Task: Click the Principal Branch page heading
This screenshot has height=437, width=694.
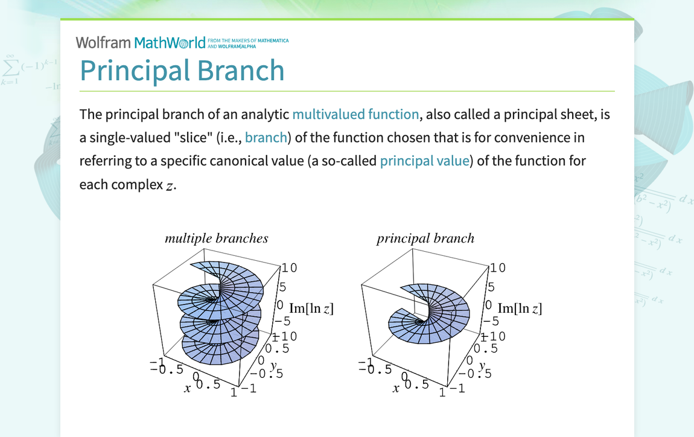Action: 182,71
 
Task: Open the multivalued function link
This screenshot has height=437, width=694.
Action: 355,114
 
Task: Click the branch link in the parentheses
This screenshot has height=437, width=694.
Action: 266,138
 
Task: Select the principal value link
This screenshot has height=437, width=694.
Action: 424,161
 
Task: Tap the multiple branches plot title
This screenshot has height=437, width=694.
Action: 216,238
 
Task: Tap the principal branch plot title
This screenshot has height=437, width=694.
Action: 425,238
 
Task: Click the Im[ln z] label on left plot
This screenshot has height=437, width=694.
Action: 311,308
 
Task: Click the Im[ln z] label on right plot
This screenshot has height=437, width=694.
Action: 520,308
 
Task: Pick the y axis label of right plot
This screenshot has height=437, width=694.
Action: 482,365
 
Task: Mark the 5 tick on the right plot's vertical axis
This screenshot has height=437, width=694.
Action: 491,287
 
